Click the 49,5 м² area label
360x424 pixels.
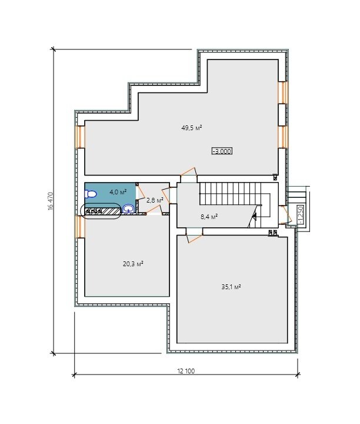(192, 128)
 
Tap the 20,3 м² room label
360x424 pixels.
(133, 264)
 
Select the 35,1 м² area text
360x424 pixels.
(231, 287)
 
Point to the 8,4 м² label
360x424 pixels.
(209, 217)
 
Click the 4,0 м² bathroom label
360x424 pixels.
(118, 192)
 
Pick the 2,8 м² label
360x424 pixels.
(155, 200)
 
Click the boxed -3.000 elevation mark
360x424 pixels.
(222, 151)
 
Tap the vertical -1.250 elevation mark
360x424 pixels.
(301, 215)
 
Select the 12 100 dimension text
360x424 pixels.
(186, 371)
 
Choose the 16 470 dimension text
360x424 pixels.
(51, 201)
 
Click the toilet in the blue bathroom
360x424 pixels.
(91, 194)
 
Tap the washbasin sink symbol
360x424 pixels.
(128, 208)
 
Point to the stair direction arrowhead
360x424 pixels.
(254, 216)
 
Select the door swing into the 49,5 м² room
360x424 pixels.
(188, 173)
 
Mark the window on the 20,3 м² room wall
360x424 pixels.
(81, 227)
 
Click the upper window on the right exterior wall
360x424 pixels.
(283, 92)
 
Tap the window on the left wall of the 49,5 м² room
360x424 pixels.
(81, 137)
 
